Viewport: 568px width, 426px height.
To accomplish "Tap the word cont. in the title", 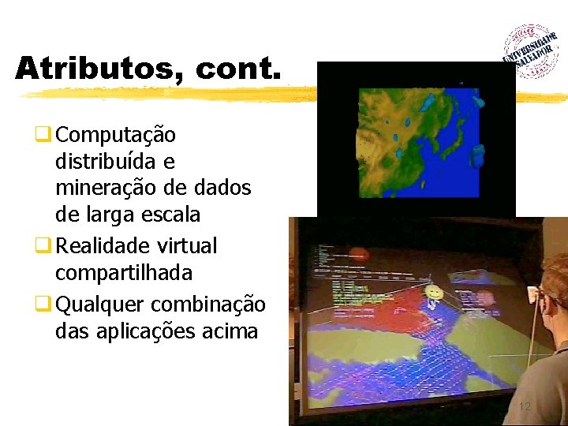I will coord(237,69).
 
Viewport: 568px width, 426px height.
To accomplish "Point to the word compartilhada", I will coord(124,273).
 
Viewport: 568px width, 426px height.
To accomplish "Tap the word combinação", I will coord(208,304).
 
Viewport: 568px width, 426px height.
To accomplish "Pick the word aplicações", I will coord(137,331).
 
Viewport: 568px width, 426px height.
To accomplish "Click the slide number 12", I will coord(525,407).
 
